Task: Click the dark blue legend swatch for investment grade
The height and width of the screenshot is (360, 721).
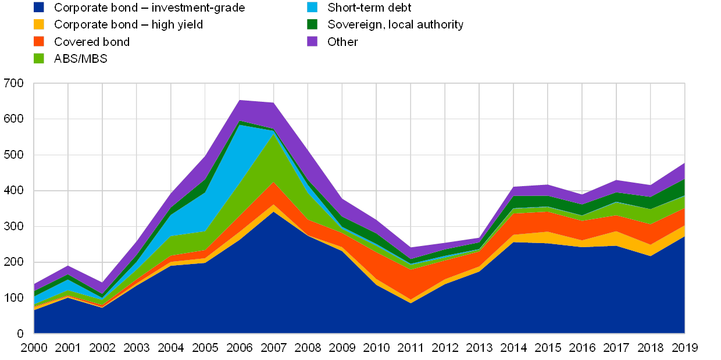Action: pos(39,8)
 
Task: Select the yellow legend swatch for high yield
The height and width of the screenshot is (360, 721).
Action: pos(39,24)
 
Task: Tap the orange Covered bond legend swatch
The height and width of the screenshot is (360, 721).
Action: pos(39,41)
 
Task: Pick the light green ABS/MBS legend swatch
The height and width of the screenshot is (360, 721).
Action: pos(39,58)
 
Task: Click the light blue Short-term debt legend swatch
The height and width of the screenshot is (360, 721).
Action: pos(313,8)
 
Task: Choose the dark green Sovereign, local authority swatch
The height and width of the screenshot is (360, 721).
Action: pos(313,24)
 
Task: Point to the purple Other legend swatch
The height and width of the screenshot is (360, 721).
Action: pos(313,41)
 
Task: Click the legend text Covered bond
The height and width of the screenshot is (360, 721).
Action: pos(91,42)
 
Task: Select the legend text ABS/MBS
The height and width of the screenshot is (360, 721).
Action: pos(81,59)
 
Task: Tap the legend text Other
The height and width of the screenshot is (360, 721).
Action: pos(342,42)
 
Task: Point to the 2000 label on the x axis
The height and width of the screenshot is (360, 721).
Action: pos(34,347)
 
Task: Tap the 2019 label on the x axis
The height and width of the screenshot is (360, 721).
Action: pos(684,347)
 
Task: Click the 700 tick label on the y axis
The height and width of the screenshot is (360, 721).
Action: pos(15,84)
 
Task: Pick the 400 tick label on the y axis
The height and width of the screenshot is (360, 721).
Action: pos(15,191)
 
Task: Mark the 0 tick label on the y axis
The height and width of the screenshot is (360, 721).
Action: pos(21,333)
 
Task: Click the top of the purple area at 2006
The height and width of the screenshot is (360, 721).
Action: pos(240,101)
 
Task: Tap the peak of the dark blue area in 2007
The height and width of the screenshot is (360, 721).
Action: pos(274,212)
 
